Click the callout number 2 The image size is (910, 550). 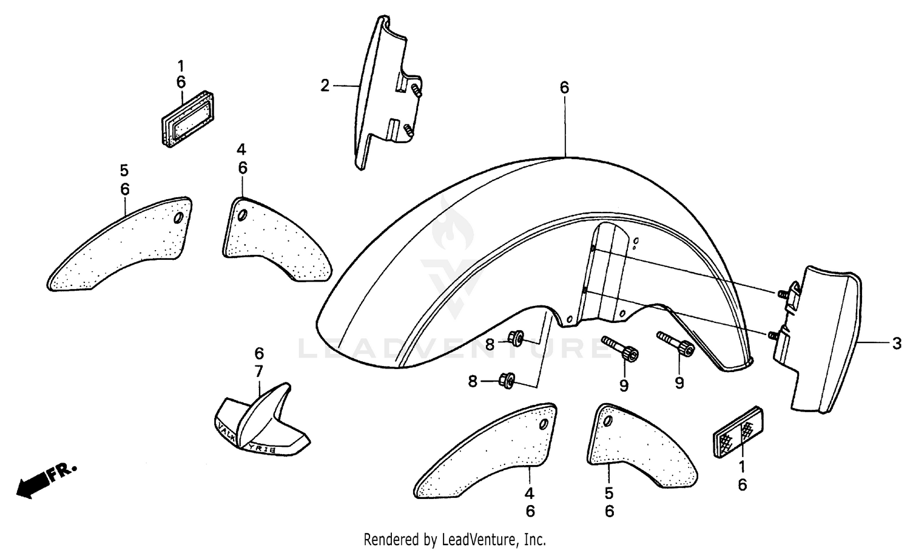tap(325, 86)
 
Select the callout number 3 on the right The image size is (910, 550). tap(897, 344)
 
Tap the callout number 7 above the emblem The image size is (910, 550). tap(259, 370)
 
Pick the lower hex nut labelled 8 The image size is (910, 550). tap(505, 381)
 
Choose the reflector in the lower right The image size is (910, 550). tap(738, 432)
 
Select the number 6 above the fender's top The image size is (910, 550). tap(564, 88)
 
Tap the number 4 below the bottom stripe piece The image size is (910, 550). tap(530, 494)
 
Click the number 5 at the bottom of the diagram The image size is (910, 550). tap(609, 494)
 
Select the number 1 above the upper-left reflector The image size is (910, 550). tap(181, 65)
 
